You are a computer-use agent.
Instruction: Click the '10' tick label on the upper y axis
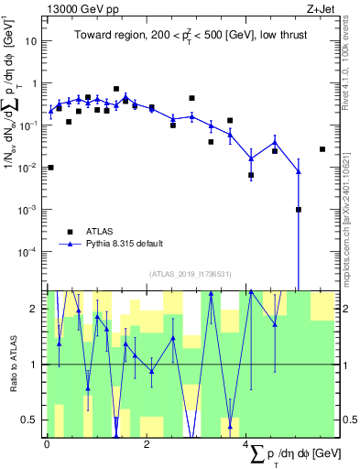pyautogui.click(x=32, y=41)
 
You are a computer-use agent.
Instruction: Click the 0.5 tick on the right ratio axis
pyautogui.click(x=349, y=420)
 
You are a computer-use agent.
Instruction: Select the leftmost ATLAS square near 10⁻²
pyautogui.click(x=50, y=168)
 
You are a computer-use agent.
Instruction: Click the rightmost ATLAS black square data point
pyautogui.click(x=322, y=149)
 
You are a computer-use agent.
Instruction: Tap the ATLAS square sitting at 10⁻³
pyautogui.click(x=299, y=210)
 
